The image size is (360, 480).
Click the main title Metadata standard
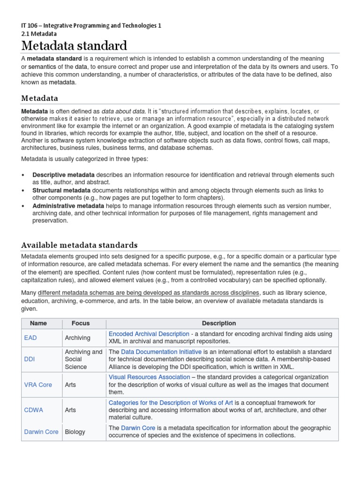(74, 46)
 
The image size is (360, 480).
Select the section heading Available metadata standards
(79, 245)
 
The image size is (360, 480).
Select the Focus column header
(80, 323)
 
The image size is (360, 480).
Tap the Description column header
(218, 323)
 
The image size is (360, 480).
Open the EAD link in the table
(30, 337)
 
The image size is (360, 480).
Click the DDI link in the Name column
(30, 359)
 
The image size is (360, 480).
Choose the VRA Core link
(38, 384)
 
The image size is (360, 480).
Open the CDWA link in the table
(33, 410)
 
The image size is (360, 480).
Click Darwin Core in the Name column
(41, 432)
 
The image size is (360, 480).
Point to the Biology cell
(75, 432)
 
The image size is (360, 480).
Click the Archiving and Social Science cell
(83, 359)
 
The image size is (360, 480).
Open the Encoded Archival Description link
(149, 334)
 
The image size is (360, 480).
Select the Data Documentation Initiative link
(161, 352)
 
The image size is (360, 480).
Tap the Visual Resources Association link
(150, 377)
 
